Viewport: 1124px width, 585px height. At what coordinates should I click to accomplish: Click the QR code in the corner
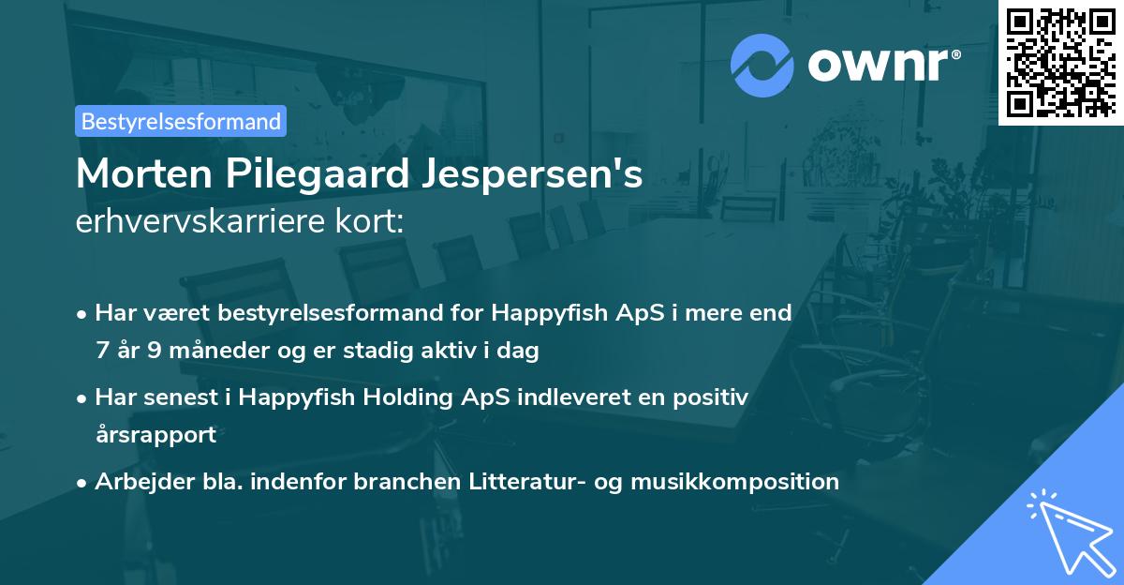(x=1060, y=62)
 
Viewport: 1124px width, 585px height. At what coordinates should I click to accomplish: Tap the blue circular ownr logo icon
(x=762, y=65)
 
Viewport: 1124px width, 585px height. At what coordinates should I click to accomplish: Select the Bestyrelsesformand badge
(x=181, y=121)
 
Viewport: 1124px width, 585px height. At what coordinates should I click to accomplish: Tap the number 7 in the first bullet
(x=101, y=352)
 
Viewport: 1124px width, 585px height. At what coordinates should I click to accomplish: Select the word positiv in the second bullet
(x=714, y=397)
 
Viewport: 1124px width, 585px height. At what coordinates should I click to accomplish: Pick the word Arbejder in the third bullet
(x=135, y=482)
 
